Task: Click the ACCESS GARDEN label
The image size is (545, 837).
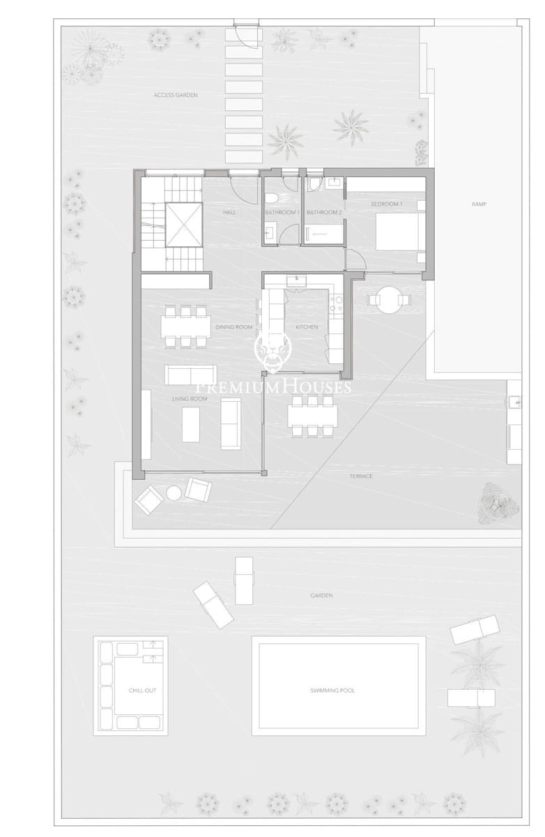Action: pos(176,94)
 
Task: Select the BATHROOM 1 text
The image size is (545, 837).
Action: pos(282,212)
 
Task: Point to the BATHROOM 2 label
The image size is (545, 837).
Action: pos(324,212)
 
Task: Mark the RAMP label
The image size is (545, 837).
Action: pos(478,204)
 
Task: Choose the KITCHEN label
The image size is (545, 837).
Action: pos(307,326)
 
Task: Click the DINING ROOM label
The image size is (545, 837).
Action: pos(233,326)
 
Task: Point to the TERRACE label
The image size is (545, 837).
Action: pos(361,476)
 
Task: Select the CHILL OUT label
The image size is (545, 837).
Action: pos(142,691)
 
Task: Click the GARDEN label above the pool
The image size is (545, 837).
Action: pos(322,596)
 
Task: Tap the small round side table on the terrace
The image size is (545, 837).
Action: pos(173,494)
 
